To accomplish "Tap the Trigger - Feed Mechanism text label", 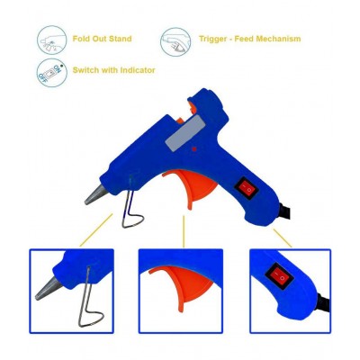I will point(249,39).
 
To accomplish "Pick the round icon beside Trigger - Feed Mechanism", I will point(173,40).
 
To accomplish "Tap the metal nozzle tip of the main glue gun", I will point(95,195).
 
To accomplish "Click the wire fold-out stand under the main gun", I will point(130,211).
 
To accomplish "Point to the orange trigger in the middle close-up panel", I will point(166,275).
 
